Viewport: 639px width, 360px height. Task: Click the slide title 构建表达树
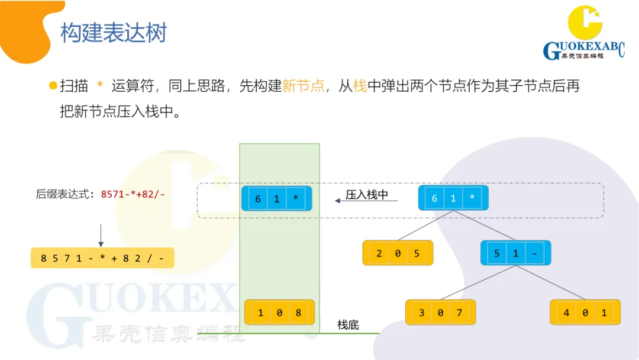(114, 33)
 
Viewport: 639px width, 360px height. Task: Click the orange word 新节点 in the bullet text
(304, 86)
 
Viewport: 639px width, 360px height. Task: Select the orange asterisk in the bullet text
(99, 86)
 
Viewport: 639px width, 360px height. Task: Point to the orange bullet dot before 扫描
(53, 86)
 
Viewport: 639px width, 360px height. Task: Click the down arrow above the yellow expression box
(101, 235)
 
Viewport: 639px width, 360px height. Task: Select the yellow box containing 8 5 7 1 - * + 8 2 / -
(102, 258)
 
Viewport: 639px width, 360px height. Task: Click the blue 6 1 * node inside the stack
(277, 199)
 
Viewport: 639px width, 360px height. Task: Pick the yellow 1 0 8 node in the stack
(279, 312)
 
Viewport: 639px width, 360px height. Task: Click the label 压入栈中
(367, 195)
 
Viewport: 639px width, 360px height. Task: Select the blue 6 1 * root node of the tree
(453, 198)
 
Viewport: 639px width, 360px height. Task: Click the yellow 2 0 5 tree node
(398, 253)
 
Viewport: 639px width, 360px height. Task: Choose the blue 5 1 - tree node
(515, 253)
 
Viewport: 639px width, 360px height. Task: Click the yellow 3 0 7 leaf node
(440, 312)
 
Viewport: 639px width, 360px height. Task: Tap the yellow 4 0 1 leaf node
(585, 312)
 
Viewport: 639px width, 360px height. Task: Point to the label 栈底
(348, 325)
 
